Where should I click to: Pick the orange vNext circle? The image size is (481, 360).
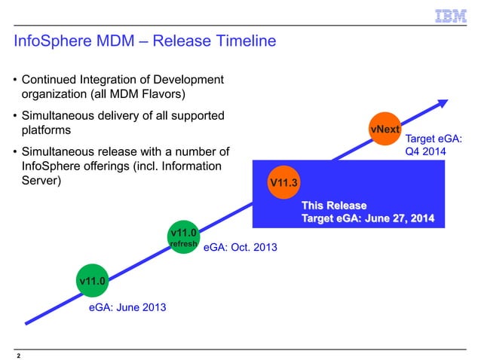coord(384,129)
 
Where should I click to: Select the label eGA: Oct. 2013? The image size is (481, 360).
coord(240,246)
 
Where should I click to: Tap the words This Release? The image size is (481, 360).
coord(334,206)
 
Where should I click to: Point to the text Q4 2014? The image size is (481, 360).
coord(426,151)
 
